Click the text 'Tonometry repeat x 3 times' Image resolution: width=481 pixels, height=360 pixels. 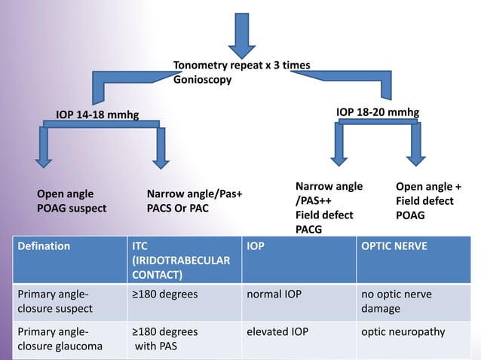coord(241,66)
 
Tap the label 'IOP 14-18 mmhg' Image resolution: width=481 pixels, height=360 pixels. coord(97,115)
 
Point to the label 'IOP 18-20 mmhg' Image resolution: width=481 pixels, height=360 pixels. coord(378,112)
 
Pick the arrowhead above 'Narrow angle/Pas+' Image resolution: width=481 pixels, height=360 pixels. coord(161,160)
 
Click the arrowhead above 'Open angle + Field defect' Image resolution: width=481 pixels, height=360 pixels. coord(415,157)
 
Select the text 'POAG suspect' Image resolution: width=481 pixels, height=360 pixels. coord(72,207)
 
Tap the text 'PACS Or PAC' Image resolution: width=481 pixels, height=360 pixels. coord(177,207)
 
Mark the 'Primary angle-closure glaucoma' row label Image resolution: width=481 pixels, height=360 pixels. coord(64,339)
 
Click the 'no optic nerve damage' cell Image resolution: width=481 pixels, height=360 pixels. coord(397,301)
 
